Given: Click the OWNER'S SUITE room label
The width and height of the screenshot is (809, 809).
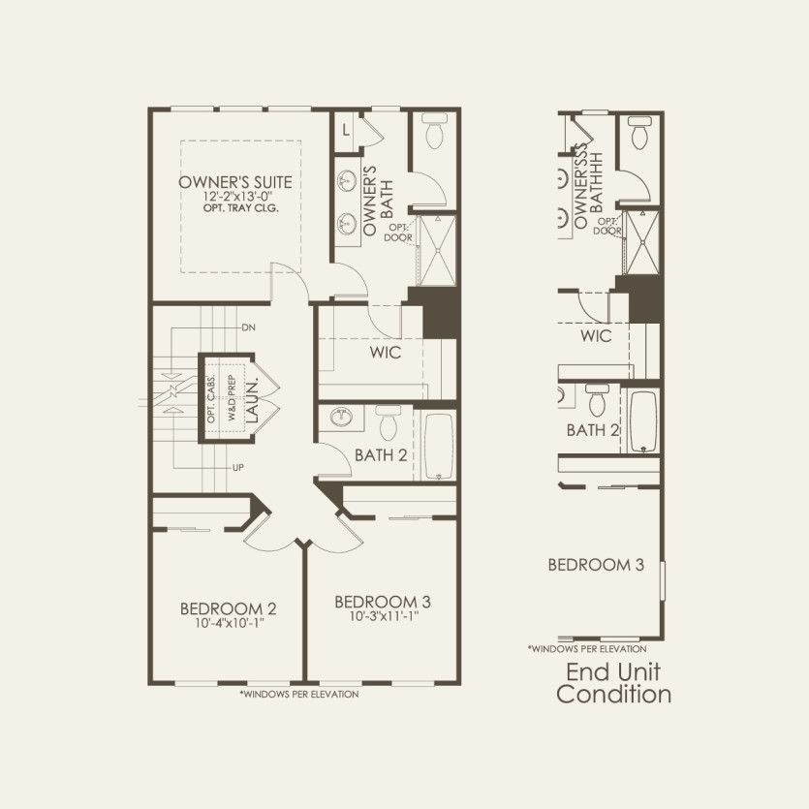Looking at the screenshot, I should click(234, 182).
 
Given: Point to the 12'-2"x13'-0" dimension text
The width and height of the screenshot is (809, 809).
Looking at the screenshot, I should click(236, 197).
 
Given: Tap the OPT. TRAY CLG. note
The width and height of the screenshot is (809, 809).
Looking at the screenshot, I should click(236, 208).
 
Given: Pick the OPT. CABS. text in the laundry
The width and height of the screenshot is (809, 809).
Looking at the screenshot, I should click(211, 398).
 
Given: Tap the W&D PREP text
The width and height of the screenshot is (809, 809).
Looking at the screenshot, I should click(231, 398).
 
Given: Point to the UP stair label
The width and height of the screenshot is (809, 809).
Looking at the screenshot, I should click(238, 469).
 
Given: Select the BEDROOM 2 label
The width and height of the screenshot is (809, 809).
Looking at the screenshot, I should click(228, 608).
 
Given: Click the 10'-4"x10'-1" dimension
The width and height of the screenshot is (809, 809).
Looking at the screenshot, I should click(229, 622).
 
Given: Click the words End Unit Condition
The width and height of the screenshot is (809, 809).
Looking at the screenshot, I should click(613, 683).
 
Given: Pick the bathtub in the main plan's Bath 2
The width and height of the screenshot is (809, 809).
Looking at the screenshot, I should click(439, 446).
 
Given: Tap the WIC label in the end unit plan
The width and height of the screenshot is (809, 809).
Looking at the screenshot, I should click(596, 336).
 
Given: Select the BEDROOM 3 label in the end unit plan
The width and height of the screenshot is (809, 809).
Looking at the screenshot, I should click(596, 565).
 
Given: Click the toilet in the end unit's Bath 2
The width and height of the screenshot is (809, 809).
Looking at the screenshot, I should click(597, 398).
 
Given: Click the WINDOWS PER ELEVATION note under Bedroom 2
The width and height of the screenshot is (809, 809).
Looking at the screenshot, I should click(298, 694).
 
